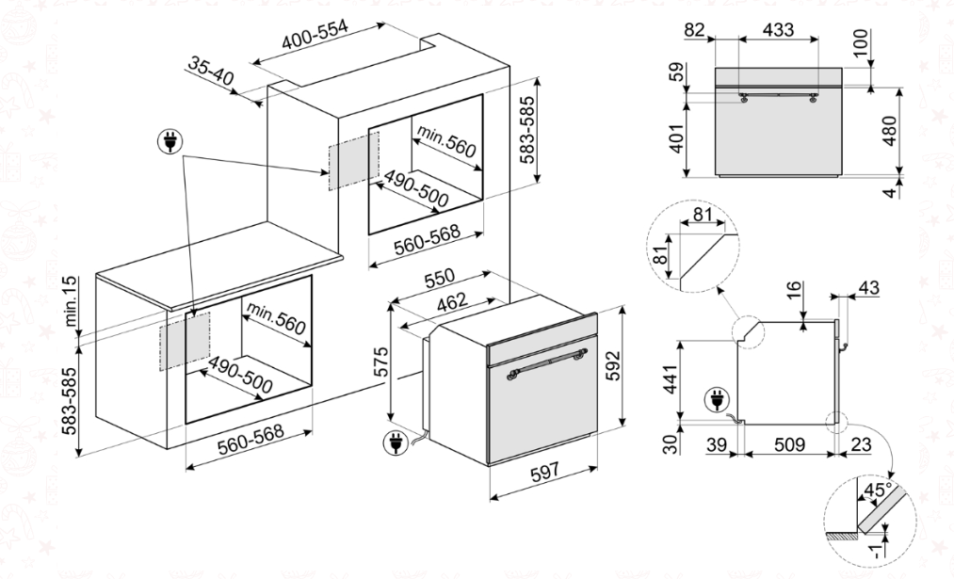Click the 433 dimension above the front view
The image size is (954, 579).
[777, 29]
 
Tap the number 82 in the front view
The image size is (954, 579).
[696, 29]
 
